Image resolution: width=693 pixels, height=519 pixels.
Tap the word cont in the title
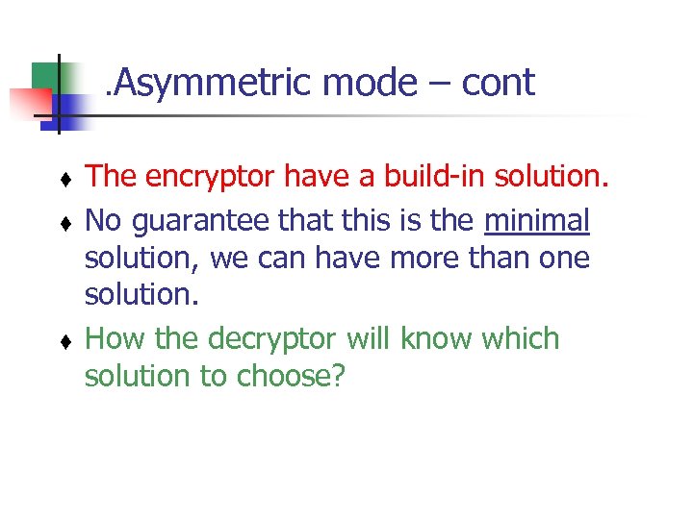tap(498, 85)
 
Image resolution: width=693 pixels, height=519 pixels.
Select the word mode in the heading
tap(369, 85)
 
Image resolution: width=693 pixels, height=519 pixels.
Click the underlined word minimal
tap(536, 222)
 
